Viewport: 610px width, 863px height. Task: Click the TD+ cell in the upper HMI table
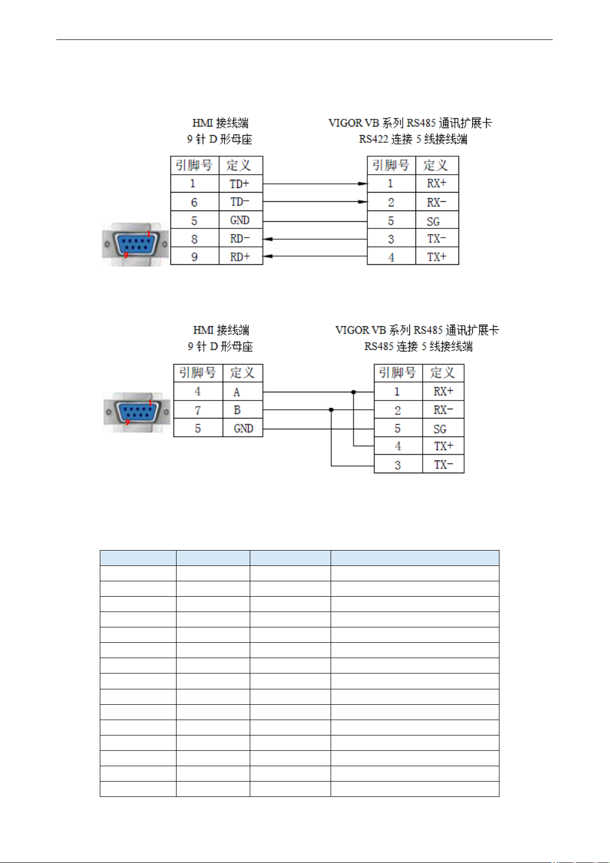click(x=241, y=184)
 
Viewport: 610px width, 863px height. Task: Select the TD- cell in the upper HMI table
click(x=241, y=201)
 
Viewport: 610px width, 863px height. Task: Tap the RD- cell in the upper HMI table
click(x=241, y=238)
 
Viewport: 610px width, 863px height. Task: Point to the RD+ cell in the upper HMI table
click(x=241, y=256)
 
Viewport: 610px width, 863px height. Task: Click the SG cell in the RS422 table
click(x=437, y=220)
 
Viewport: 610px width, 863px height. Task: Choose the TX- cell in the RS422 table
click(x=437, y=238)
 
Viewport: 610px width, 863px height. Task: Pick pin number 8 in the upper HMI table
click(x=194, y=239)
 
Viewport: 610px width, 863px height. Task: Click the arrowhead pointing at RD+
click(x=268, y=256)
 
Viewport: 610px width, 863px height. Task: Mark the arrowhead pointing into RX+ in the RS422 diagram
click(x=363, y=184)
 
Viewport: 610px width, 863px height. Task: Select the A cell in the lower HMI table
click(x=243, y=391)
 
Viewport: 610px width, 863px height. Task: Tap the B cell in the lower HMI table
click(x=243, y=410)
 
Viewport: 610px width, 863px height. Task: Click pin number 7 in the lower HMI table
click(x=198, y=410)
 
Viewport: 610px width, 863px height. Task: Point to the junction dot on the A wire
click(x=354, y=392)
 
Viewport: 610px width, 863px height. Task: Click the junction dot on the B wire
click(x=332, y=410)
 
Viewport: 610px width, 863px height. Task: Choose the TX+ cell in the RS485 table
click(x=443, y=446)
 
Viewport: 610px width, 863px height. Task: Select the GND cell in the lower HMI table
click(x=243, y=428)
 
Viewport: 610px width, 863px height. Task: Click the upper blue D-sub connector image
click(x=135, y=244)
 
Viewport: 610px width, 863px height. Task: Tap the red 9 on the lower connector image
click(x=127, y=422)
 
